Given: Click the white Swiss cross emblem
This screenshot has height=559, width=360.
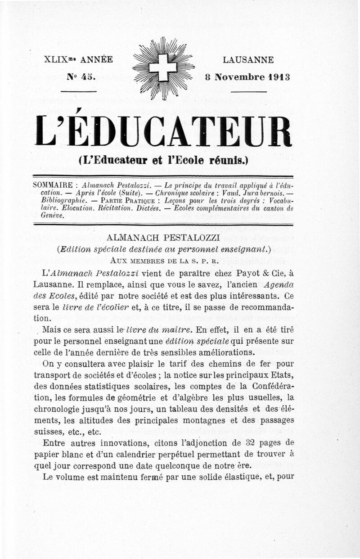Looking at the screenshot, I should tap(163, 68).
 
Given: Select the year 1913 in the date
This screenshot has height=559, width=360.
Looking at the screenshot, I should tap(278, 77).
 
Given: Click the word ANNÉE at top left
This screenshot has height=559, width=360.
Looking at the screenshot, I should tap(94, 60).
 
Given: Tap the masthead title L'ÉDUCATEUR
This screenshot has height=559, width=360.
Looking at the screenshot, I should tap(163, 131).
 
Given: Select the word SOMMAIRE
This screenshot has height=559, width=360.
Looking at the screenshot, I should tap(51, 185).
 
